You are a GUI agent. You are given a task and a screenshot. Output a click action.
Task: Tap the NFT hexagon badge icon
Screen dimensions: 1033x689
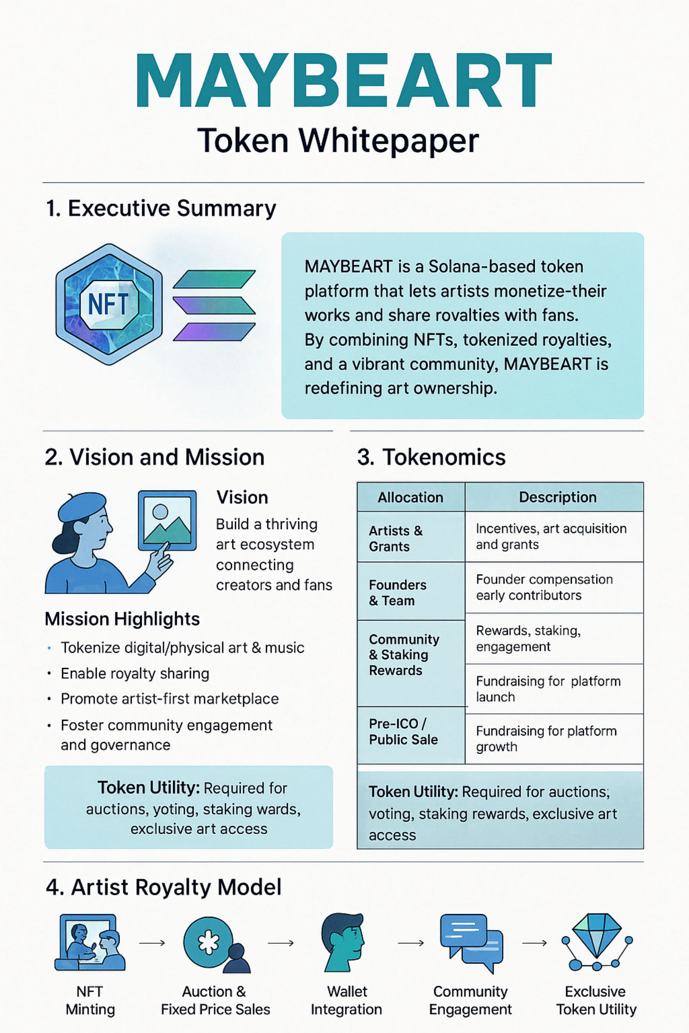point(109,304)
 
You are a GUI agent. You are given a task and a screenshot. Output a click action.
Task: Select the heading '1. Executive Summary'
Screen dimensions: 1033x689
point(161,208)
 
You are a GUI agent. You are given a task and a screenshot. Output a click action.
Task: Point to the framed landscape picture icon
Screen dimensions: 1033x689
point(167,520)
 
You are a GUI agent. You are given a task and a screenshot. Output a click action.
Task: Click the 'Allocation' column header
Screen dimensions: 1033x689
point(410,497)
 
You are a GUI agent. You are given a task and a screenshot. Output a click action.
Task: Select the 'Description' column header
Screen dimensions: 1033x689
point(558,497)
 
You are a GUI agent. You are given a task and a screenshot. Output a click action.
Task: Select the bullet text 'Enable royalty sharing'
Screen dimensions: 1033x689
point(135,673)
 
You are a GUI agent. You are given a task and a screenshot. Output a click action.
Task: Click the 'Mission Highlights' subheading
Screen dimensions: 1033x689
point(122,619)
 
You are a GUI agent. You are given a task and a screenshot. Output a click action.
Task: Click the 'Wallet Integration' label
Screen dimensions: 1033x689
point(346,1000)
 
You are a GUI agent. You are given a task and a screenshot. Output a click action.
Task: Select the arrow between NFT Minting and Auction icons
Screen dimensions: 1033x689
point(152,943)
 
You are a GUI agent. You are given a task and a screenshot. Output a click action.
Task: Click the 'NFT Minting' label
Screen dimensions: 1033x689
point(90,1000)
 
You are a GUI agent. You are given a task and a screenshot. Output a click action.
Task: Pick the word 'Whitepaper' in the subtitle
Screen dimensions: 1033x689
point(389,141)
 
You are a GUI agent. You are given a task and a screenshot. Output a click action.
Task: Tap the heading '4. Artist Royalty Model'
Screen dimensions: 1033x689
point(163,887)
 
